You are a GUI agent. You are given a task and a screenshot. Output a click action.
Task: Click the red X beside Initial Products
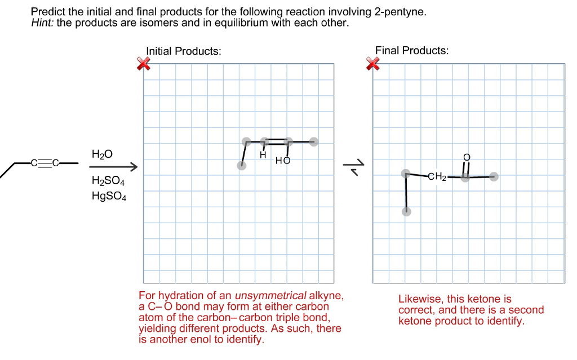pos(144,65)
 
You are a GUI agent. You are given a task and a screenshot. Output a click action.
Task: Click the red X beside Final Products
pos(373,65)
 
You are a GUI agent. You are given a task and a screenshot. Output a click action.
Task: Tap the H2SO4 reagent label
pos(108,182)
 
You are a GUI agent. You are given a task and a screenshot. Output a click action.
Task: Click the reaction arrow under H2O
pos(113,167)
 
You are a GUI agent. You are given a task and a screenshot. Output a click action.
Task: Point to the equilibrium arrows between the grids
pos(353,167)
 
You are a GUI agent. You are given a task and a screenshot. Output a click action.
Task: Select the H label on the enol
pos(263,154)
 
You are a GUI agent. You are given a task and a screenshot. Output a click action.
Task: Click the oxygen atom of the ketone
pos(465,156)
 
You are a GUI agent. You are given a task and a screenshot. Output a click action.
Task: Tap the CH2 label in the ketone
pos(437,177)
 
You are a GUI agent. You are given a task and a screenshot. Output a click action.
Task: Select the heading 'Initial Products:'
pos(183,51)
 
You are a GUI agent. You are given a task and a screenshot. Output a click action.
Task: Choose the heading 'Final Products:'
pos(412,51)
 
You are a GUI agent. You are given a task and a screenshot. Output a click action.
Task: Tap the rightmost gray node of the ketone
pos(494,177)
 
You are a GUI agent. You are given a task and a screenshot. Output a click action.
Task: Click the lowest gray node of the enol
pos(242,165)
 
